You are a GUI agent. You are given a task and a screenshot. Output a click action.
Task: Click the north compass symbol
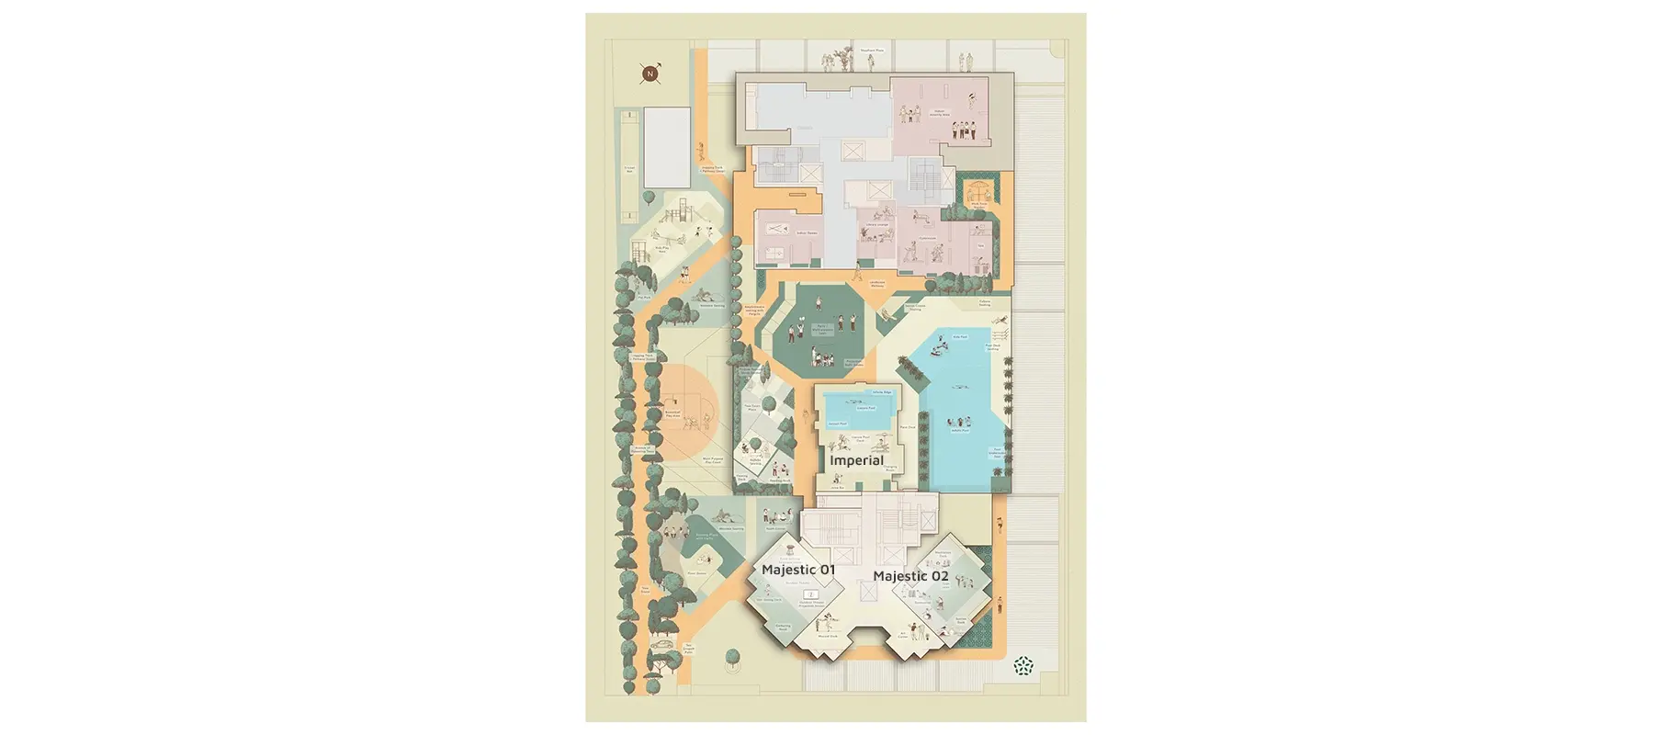click(x=650, y=73)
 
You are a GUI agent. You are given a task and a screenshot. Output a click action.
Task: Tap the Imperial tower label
click(x=856, y=460)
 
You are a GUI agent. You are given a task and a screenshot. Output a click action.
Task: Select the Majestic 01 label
click(x=798, y=570)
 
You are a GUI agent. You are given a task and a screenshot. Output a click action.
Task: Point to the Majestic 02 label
click(x=910, y=576)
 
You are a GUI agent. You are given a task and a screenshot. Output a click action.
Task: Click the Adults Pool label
click(x=960, y=430)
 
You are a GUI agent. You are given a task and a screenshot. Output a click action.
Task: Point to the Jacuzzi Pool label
click(x=837, y=424)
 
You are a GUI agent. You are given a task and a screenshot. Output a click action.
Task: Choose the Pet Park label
click(x=644, y=297)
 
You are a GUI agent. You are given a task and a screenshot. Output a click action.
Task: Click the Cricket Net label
click(x=629, y=169)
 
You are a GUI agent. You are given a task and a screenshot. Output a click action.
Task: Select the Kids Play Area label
click(x=661, y=248)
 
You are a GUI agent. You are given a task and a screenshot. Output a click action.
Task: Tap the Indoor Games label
click(x=807, y=233)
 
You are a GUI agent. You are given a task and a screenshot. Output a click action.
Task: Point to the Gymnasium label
click(x=928, y=239)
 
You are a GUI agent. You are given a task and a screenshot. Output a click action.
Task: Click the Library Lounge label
click(x=877, y=224)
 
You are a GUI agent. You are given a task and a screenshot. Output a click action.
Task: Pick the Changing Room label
click(x=890, y=468)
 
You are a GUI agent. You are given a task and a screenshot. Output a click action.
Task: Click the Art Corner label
click(x=903, y=635)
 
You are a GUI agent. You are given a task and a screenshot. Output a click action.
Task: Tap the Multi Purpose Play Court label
click(x=712, y=460)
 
